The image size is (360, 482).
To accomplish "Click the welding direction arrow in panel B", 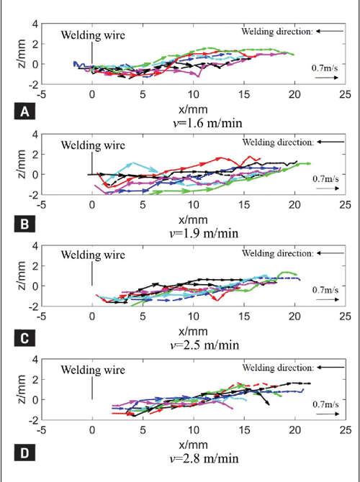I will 331,142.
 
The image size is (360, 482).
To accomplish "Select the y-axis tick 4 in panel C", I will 33,246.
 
